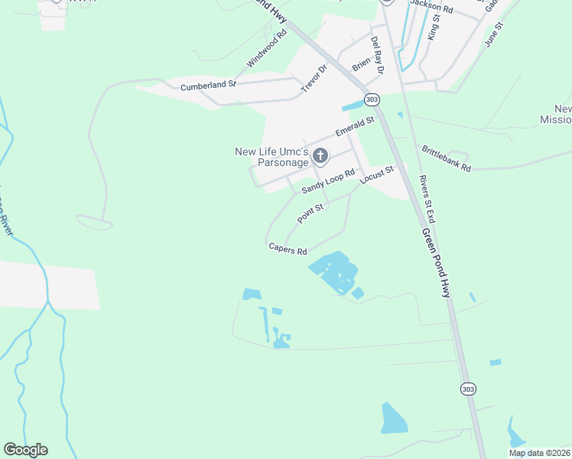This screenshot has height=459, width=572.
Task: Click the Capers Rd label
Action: click(288, 249)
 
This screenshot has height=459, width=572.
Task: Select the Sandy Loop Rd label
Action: click(328, 181)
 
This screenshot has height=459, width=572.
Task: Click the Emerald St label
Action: click(355, 127)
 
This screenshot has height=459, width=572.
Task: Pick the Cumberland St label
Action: click(209, 86)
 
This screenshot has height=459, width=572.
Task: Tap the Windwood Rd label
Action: click(266, 47)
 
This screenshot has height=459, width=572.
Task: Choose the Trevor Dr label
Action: click(314, 78)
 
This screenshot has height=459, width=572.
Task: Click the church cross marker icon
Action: click(320, 157)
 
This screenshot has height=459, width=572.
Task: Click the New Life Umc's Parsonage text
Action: click(271, 157)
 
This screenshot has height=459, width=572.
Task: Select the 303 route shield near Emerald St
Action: click(372, 100)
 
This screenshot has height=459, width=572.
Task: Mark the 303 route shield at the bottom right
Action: click(468, 389)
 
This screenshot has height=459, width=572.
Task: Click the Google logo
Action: click(25, 450)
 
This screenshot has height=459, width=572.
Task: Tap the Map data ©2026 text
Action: click(539, 453)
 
